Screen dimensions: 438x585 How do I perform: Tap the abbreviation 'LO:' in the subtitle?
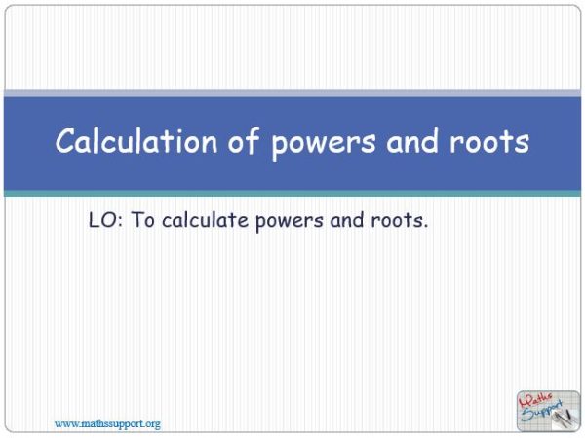click(104, 221)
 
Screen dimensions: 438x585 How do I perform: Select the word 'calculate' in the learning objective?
click(206, 221)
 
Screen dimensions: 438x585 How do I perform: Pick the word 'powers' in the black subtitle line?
click(291, 222)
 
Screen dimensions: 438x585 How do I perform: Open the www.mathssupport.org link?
click(107, 423)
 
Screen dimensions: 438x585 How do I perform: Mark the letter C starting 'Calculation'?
click(65, 142)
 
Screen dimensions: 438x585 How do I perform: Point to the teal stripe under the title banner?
click(292, 194)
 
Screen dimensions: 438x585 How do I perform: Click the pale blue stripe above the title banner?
click(292, 93)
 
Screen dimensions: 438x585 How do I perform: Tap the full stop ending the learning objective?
click(426, 227)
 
